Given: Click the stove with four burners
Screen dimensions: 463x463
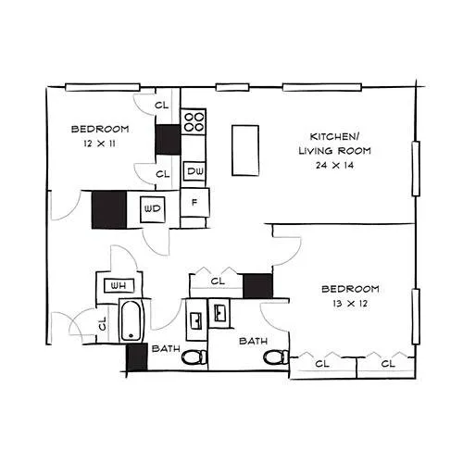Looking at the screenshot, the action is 194,121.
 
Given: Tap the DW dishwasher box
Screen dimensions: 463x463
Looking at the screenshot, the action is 194,171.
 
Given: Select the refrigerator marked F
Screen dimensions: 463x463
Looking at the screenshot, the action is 194,203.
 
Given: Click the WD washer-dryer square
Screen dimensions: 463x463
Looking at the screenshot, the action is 152,209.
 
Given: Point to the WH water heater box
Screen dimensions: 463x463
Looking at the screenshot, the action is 119,285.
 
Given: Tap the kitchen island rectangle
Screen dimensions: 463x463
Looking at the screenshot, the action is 245,150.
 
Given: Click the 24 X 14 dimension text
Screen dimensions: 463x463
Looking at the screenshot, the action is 334,165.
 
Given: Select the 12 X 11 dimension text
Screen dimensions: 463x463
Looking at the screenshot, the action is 99,144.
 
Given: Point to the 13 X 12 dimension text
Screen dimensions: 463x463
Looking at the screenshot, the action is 350,304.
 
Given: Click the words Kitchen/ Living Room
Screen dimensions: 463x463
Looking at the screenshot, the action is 334,144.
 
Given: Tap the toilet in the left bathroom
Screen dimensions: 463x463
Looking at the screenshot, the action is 194,357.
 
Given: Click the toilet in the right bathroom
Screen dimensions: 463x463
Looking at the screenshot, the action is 276,357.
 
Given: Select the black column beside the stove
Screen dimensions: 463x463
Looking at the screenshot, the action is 168,140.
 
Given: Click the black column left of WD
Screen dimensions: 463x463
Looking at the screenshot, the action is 109,210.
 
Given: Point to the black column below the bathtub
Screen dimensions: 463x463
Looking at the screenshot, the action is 137,357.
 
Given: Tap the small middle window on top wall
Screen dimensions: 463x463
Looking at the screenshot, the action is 232,87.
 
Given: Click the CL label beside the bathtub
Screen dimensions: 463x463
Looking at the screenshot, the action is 103,323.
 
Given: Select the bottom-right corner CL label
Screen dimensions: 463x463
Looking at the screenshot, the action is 388,364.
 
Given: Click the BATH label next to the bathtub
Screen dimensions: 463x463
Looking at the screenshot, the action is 166,348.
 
